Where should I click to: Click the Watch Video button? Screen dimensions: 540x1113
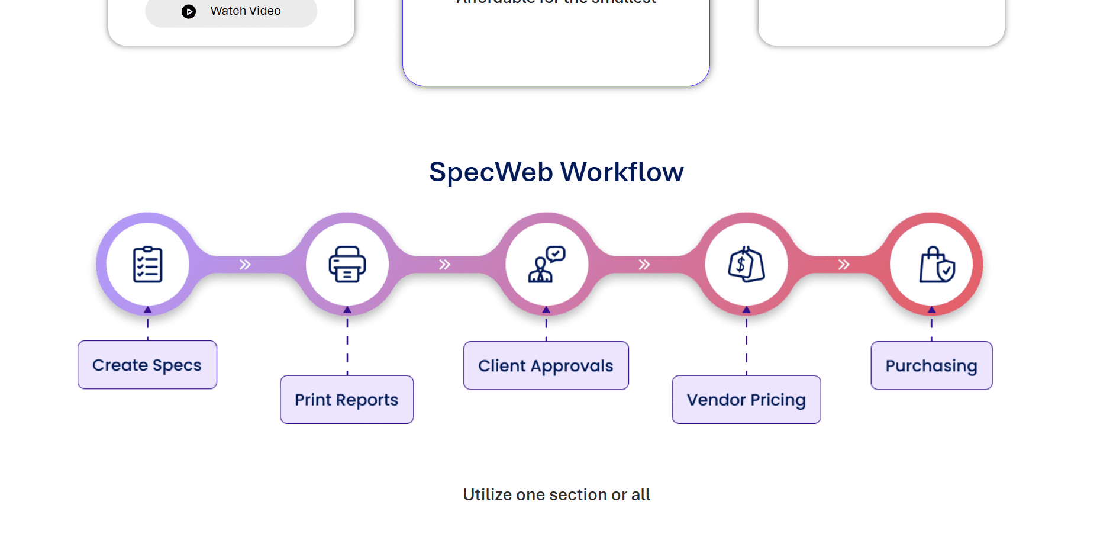coord(231,11)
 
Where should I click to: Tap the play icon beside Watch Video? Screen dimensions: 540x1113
coord(189,11)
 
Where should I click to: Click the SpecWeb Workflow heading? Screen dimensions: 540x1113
coord(556,172)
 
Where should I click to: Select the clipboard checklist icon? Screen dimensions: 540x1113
coord(147,264)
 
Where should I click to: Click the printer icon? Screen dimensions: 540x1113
coord(347,264)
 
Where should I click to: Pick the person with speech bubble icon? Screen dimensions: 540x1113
coord(547,264)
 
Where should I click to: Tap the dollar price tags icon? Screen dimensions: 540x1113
coord(746,264)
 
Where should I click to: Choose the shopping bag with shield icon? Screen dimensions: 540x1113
coord(937,264)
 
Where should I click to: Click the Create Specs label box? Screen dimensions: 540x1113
coord(147,365)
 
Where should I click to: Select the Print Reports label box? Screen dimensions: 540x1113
coord(347,400)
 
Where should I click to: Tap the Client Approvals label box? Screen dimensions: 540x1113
coord(546,365)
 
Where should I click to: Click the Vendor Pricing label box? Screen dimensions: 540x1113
coord(746,400)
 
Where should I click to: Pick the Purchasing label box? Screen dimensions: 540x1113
coord(931,365)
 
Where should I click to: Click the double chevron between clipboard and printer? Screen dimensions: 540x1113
coord(245,265)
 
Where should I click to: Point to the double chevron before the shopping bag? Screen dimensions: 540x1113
coord(844,265)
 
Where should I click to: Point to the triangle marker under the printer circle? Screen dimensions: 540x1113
coord(347,310)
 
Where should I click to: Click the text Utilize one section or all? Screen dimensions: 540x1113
coord(556,494)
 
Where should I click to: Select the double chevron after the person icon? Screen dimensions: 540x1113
coord(644,265)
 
